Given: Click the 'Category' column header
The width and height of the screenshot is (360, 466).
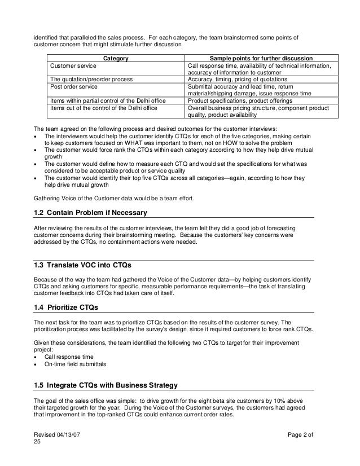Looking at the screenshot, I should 116,58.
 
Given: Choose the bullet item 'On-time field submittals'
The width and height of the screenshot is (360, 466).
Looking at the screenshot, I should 74,364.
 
